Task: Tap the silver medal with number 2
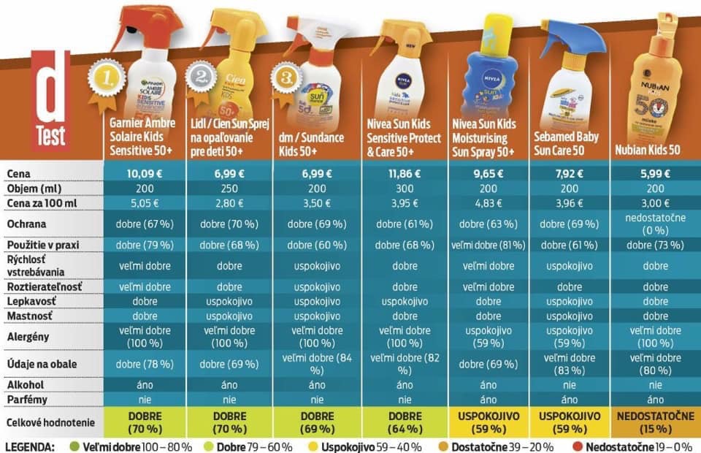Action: click(201, 76)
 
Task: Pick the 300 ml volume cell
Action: click(404, 187)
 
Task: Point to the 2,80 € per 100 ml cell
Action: click(229, 201)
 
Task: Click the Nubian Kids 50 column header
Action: click(654, 150)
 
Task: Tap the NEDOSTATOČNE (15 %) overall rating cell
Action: click(654, 422)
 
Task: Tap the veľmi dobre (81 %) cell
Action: click(488, 245)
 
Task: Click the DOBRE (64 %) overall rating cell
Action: click(404, 422)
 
